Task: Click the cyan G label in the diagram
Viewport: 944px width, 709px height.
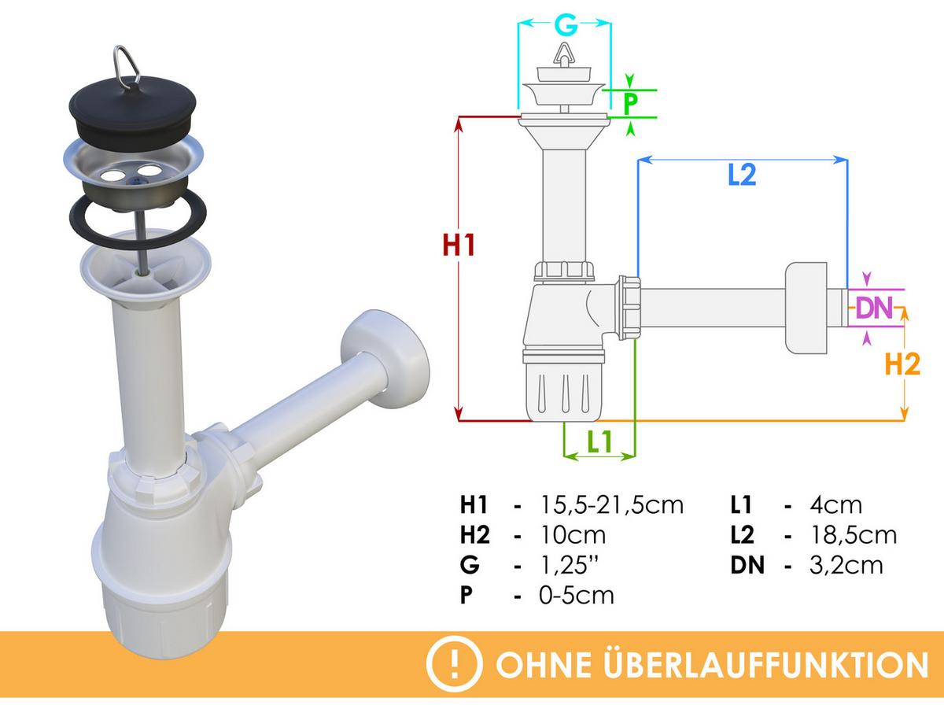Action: tap(566, 26)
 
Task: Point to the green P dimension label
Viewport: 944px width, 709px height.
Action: tap(630, 103)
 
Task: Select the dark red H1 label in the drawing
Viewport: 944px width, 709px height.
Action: tap(459, 246)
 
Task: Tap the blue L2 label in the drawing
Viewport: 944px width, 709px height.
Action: tap(742, 175)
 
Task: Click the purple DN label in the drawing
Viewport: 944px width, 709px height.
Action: tap(874, 308)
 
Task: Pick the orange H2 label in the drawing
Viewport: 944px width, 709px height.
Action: tap(902, 365)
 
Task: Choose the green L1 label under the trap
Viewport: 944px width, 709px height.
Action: tap(599, 441)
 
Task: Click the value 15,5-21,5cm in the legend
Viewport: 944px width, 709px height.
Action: tap(611, 505)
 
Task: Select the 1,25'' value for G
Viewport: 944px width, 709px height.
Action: tap(569, 565)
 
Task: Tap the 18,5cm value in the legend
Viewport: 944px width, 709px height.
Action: tap(854, 535)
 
